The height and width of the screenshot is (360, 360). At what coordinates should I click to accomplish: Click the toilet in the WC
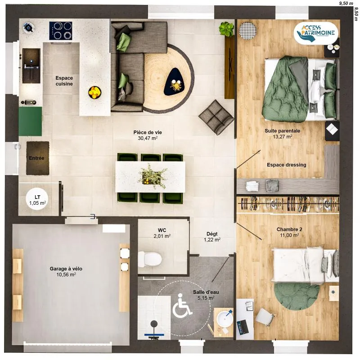point(150,259)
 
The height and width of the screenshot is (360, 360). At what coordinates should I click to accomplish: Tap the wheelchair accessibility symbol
point(182,305)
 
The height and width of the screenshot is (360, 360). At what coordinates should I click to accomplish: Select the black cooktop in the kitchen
point(61,31)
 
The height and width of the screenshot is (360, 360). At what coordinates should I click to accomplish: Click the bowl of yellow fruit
point(95,92)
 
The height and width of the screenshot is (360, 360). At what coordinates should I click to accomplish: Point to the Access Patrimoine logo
point(316,33)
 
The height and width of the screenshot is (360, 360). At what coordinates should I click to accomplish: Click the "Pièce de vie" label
point(148,132)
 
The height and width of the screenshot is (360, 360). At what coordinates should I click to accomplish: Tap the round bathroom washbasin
point(225,318)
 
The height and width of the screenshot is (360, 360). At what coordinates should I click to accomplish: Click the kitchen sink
point(31,66)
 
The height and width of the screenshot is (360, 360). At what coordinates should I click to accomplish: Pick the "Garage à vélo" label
point(66,269)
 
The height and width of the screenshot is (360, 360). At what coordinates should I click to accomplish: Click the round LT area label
point(37,200)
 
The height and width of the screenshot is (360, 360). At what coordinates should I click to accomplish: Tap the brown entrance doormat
point(38,158)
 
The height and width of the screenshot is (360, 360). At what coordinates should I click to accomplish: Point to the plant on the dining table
point(152,176)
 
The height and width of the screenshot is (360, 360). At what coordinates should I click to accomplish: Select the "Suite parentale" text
point(283,131)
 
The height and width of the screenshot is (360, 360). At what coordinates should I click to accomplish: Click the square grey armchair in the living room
point(216,117)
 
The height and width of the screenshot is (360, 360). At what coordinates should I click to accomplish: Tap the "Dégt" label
point(212,234)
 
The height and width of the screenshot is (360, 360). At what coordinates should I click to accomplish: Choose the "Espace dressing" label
point(287,165)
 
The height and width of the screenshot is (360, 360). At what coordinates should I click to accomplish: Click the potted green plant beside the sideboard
point(226,29)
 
